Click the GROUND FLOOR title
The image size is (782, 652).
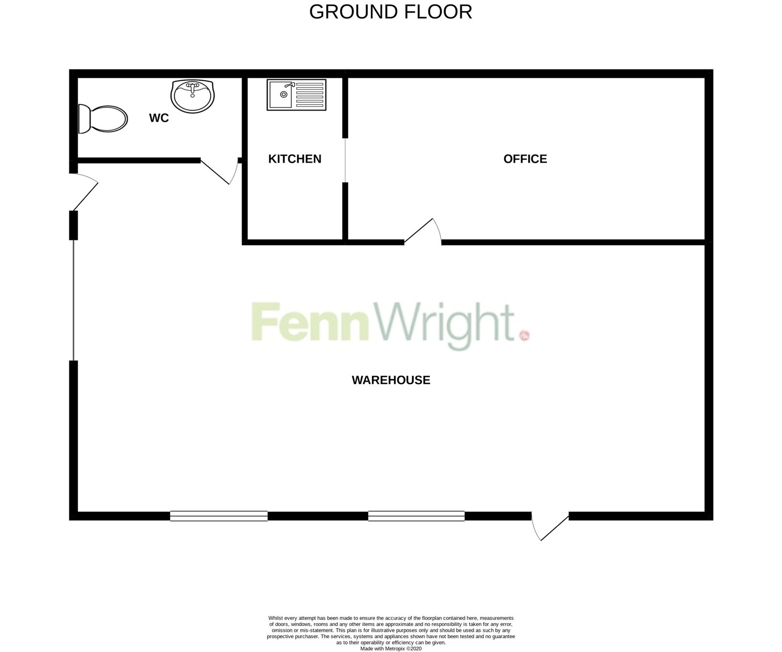coord(391,12)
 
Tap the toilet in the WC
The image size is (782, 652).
coord(103,118)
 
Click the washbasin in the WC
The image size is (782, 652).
coord(193,96)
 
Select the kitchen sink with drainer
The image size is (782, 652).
coord(297,94)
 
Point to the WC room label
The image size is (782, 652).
coord(159,118)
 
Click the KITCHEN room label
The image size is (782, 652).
coord(295,159)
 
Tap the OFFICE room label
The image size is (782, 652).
coord(525,159)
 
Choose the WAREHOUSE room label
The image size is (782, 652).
coord(391,380)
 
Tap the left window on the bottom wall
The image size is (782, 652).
coord(219,516)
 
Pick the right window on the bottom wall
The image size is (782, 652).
coord(416,516)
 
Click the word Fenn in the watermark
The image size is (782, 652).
coord(309,321)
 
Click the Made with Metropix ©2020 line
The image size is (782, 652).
coord(391,649)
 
